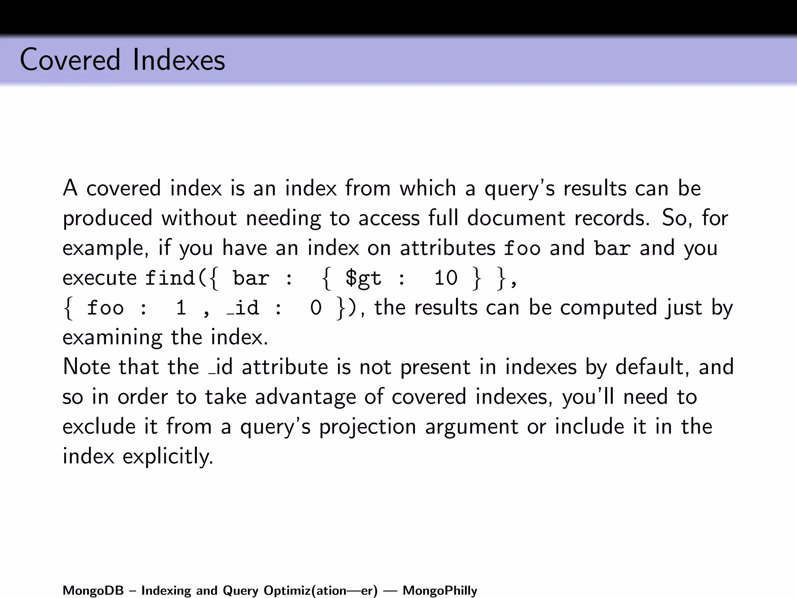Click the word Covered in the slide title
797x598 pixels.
70,60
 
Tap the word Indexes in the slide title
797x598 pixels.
179,60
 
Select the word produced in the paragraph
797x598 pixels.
107,218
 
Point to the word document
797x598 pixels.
516,218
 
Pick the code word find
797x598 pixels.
170,278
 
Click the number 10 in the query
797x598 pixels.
446,278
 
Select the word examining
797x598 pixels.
112,338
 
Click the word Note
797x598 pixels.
86,367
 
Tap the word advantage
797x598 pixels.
305,397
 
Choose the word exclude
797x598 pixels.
98,426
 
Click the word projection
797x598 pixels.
368,427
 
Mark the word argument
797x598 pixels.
471,427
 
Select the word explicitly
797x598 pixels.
168,456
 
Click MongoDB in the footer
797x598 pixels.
93,591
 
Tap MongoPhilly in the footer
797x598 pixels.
440,591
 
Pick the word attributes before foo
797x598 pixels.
448,248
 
